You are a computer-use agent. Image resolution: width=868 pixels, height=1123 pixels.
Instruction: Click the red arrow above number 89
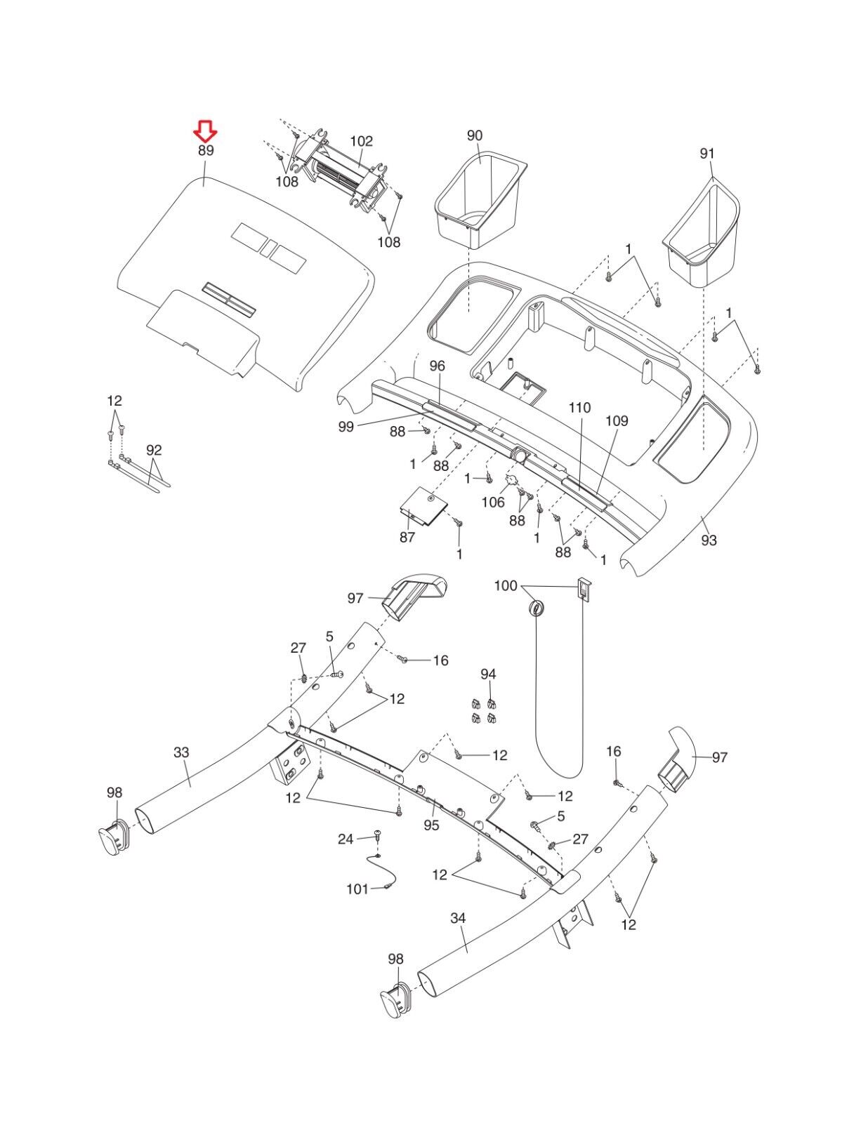pos(206,130)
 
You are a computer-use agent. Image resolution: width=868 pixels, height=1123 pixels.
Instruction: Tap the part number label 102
pos(362,141)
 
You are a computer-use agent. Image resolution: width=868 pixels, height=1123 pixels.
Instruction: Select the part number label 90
pos(475,135)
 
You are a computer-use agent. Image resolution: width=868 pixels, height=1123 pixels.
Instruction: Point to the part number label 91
pos(706,154)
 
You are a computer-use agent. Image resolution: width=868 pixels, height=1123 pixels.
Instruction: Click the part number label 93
pos(709,540)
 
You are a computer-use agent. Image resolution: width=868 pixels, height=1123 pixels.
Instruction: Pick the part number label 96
pos(438,366)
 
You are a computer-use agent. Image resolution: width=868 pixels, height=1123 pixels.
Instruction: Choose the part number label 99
pos(346,427)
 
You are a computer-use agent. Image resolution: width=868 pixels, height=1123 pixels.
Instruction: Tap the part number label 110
pos(580,408)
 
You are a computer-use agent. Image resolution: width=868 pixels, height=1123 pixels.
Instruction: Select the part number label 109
pos(617,421)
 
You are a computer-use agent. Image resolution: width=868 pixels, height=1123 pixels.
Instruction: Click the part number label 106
pos(493,503)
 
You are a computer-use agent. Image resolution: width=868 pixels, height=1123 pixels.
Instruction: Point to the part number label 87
pos(407,538)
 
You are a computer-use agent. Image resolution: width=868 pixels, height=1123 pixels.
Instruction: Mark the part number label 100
pos(506,586)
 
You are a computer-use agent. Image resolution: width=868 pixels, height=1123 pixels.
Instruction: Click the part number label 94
pos(488,674)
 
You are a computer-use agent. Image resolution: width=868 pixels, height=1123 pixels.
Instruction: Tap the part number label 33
pos(181,752)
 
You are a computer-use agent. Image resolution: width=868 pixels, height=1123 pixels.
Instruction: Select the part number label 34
pos(458,918)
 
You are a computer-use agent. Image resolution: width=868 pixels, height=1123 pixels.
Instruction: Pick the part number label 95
pos(431,825)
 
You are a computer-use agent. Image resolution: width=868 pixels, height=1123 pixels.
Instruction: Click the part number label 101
pos(357,889)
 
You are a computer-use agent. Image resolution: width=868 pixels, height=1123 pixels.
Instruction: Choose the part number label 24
pos(346,839)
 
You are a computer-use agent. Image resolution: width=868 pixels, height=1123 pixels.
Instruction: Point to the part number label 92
pos(154,450)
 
